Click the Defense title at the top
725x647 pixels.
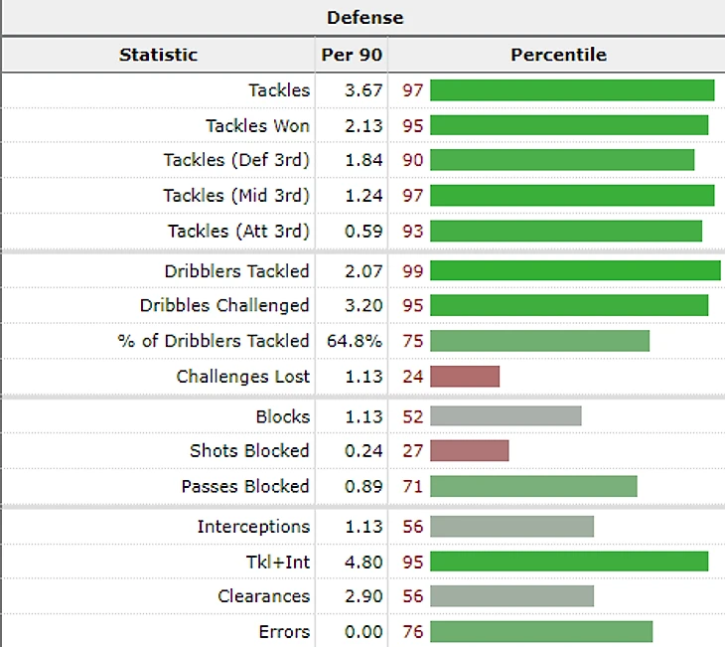pyautogui.click(x=365, y=18)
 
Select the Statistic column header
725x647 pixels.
pyautogui.click(x=158, y=55)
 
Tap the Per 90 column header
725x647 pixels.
pyautogui.click(x=352, y=55)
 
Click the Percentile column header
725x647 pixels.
pyautogui.click(x=558, y=55)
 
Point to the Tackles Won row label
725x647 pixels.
pyautogui.click(x=257, y=125)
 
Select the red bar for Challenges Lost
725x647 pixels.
pyautogui.click(x=464, y=376)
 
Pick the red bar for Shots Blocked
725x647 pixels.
pyautogui.click(x=469, y=451)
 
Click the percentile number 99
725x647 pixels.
pyautogui.click(x=413, y=271)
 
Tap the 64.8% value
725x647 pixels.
pyautogui.click(x=354, y=341)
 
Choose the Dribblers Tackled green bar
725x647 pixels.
pyautogui.click(x=575, y=271)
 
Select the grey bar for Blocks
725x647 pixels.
pyautogui.click(x=506, y=416)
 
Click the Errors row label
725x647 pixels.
pyautogui.click(x=284, y=632)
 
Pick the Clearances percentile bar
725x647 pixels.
pyautogui.click(x=511, y=596)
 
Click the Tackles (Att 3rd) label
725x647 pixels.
pyautogui.click(x=238, y=231)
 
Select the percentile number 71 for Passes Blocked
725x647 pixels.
pyautogui.click(x=413, y=486)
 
